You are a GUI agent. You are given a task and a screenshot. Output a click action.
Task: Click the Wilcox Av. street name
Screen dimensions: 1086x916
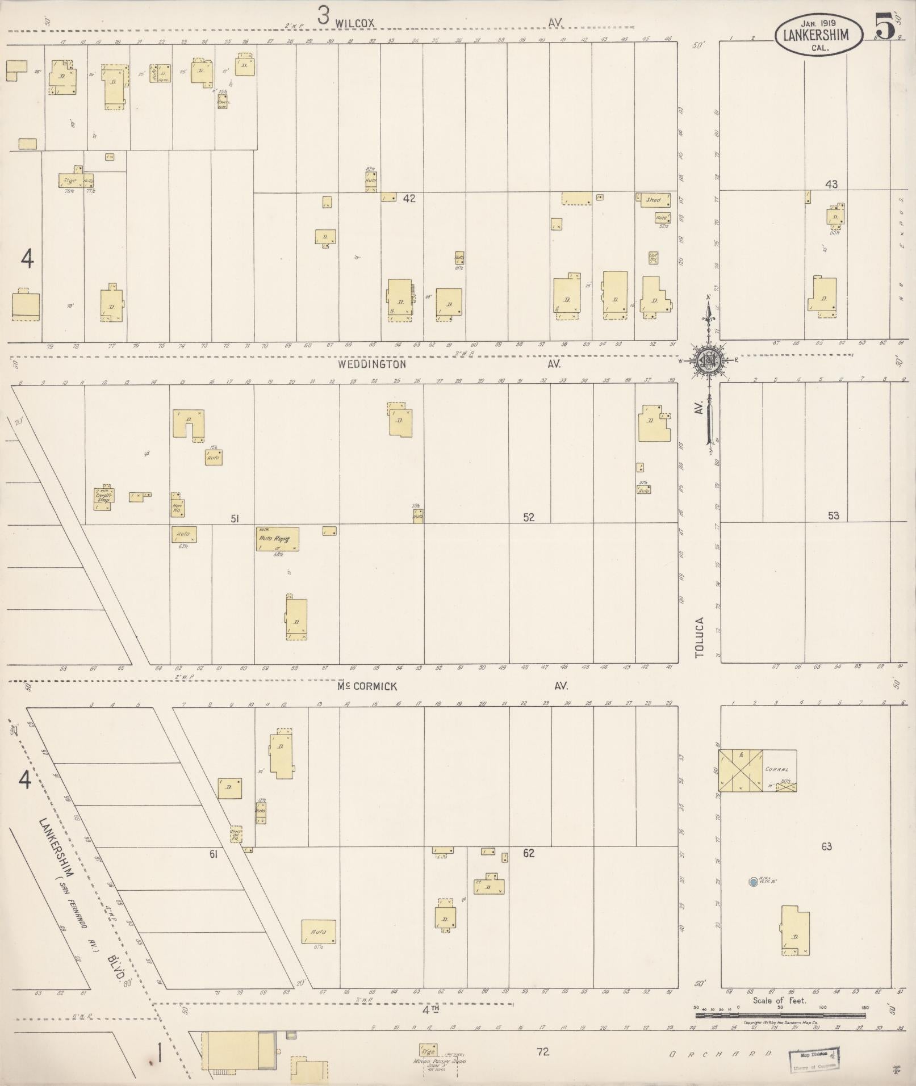[355, 23]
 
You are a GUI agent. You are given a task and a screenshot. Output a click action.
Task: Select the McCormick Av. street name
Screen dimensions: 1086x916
[367, 686]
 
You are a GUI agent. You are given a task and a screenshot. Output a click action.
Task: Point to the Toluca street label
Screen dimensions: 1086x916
[700, 638]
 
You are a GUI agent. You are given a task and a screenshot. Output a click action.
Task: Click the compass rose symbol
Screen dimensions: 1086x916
[708, 359]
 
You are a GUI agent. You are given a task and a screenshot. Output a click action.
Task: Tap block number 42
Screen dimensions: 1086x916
[409, 199]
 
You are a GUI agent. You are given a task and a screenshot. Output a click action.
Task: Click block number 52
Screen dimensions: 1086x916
[529, 518]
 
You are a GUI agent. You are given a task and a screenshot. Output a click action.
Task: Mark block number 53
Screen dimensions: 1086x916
[833, 516]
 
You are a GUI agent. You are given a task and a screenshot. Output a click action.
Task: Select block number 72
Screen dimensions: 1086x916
[543, 1052]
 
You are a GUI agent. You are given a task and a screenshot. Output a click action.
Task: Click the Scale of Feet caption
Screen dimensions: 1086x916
[780, 1001]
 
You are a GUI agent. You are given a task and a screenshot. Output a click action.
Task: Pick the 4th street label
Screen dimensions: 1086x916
[430, 1009]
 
